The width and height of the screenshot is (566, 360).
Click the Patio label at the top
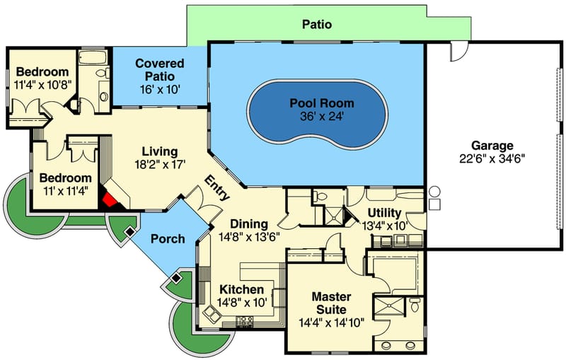(317, 25)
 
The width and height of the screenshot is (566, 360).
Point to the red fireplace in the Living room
(109, 199)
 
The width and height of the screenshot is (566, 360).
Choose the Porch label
(167, 239)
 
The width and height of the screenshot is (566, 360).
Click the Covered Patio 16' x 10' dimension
(159, 89)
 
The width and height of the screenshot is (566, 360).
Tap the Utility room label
(385, 213)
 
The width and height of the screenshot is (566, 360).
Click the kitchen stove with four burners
(246, 322)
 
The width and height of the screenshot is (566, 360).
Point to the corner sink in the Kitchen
(210, 312)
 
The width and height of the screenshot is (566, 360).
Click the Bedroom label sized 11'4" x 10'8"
(42, 72)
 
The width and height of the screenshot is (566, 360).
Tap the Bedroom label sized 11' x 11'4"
(65, 178)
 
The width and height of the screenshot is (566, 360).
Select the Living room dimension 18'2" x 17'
(159, 165)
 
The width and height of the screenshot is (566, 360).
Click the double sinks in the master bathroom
(398, 346)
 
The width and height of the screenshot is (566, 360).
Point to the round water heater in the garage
(434, 192)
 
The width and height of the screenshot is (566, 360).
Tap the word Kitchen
(241, 289)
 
